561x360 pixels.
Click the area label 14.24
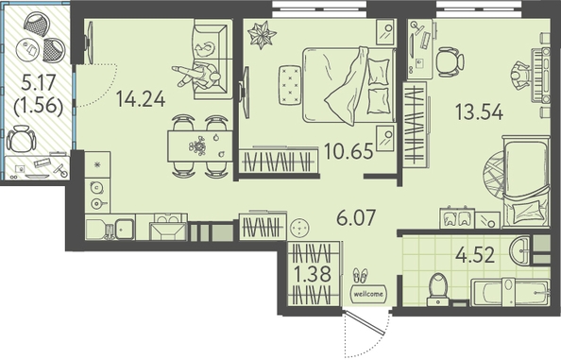pos(141,99)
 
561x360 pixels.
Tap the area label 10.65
pos(348,150)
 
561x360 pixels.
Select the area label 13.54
pos(480,111)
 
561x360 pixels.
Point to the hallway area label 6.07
pos(356,217)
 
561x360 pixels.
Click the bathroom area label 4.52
pos(475,255)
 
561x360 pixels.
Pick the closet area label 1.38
pos(312,274)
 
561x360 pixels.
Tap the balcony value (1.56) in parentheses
pos(39,106)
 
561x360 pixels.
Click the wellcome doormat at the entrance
pos(368,294)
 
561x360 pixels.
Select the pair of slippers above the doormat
pos(360,275)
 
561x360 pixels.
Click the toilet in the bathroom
pos(438,289)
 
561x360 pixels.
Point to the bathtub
pos(510,292)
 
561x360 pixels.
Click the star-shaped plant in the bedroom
pos(262,35)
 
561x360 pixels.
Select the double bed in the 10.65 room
pos(349,85)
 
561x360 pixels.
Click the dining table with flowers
pos(200,146)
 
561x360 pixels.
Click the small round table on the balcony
pos(27,49)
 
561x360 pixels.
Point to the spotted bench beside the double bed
pos(290,85)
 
